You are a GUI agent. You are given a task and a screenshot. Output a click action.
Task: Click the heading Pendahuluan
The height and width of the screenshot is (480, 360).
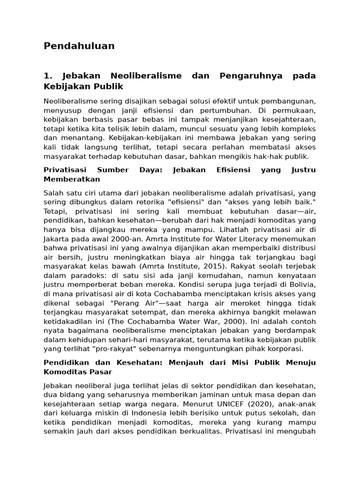pos(79,46)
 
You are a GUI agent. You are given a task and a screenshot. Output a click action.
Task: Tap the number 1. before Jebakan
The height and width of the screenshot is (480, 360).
pos(47,76)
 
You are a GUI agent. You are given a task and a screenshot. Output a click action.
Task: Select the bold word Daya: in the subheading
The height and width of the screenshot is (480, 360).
pos(150,170)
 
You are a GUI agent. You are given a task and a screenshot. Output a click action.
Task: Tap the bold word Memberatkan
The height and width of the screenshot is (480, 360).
pos(72,179)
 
